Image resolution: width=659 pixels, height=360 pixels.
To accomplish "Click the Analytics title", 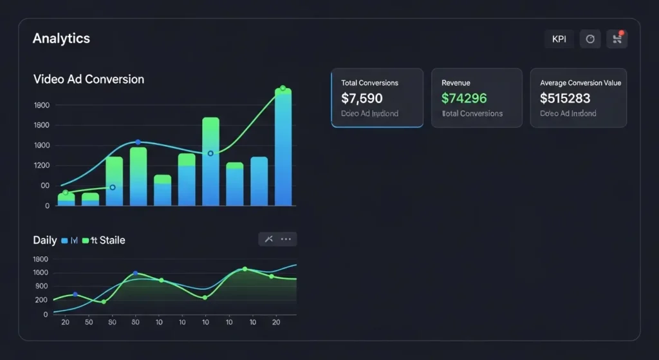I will [x=61, y=39].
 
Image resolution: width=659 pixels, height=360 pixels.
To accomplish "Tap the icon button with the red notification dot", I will [x=617, y=39].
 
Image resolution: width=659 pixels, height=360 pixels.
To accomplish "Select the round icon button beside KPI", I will [x=590, y=39].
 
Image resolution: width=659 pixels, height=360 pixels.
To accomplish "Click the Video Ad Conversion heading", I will [x=88, y=79].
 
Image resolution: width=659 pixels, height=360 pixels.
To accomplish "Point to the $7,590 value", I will [x=362, y=99].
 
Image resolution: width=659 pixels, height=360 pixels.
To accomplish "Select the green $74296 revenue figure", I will [x=464, y=99].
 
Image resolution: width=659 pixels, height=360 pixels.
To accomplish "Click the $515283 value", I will [x=565, y=99].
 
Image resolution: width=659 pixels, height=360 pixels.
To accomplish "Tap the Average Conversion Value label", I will [x=580, y=83].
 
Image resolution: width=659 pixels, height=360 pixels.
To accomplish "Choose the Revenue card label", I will [x=456, y=83].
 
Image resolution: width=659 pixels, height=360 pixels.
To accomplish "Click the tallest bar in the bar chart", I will [x=283, y=148].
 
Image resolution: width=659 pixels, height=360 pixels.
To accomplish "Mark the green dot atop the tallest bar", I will [x=283, y=88].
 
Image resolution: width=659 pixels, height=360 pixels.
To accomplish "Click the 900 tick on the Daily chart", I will [x=41, y=286].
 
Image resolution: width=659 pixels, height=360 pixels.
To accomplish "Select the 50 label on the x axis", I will [x=88, y=322].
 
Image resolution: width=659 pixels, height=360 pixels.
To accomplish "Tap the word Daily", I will [x=45, y=240].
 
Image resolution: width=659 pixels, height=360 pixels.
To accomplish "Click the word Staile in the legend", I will [x=113, y=240].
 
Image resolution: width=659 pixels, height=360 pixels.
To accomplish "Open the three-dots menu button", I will [x=286, y=240].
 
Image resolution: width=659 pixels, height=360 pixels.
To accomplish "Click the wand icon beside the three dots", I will [x=269, y=240].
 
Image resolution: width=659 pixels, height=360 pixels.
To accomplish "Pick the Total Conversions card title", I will [x=369, y=83].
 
